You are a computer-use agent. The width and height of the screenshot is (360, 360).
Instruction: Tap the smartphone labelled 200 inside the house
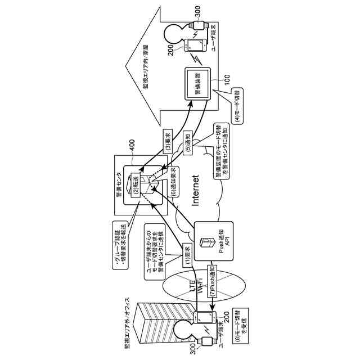point(193,45)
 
